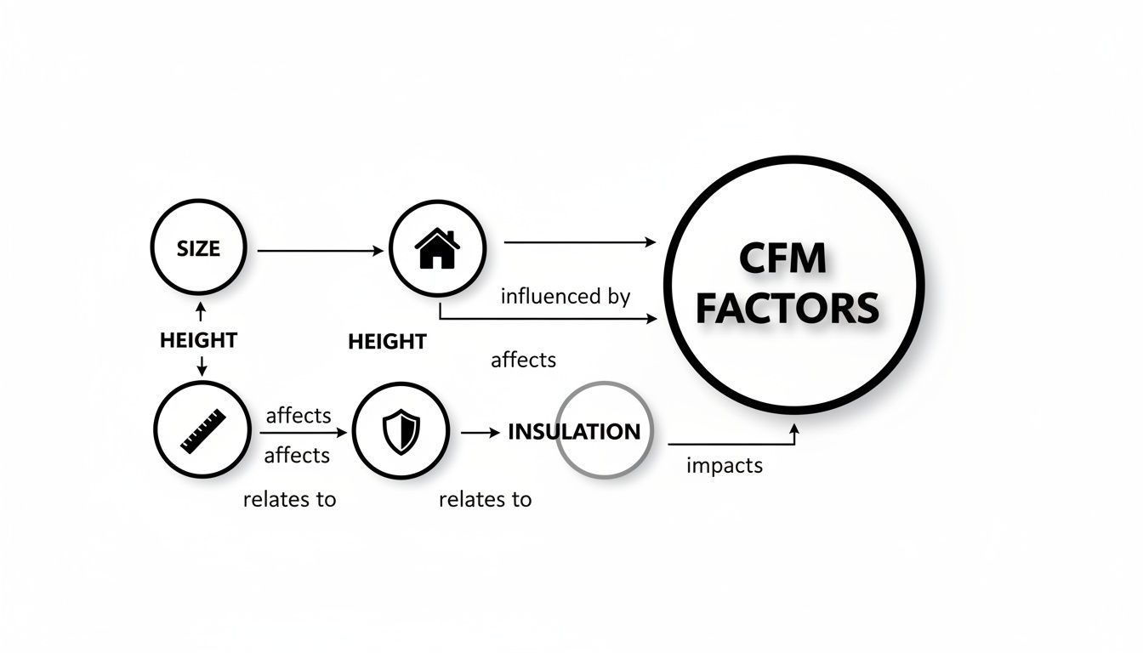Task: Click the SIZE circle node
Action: click(198, 249)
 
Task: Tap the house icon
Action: click(437, 249)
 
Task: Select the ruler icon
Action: click(203, 430)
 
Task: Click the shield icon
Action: click(401, 430)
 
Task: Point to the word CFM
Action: click(782, 258)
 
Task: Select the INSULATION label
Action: click(574, 431)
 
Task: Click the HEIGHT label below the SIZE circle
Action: click(198, 340)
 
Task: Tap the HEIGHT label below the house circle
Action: click(387, 342)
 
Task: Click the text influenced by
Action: click(566, 297)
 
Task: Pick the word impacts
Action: click(725, 466)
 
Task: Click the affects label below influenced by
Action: click(524, 360)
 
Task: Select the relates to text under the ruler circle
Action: click(289, 499)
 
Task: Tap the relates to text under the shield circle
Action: click(485, 499)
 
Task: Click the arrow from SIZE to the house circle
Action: click(319, 251)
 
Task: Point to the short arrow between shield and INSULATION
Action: click(481, 432)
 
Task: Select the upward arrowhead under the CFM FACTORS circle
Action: click(793, 429)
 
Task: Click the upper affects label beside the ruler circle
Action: click(298, 416)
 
